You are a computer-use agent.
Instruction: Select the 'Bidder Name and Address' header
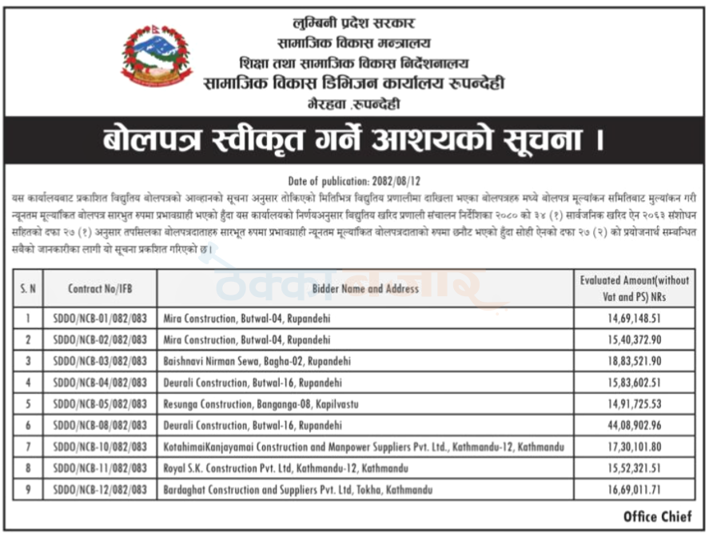point(366,288)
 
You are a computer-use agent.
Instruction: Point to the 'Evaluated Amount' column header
point(634,288)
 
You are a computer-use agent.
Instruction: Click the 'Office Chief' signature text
point(657,516)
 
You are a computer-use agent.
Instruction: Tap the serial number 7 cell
point(27,447)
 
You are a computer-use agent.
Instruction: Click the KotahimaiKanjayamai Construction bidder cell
point(364,447)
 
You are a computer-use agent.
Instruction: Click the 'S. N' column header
point(27,288)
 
